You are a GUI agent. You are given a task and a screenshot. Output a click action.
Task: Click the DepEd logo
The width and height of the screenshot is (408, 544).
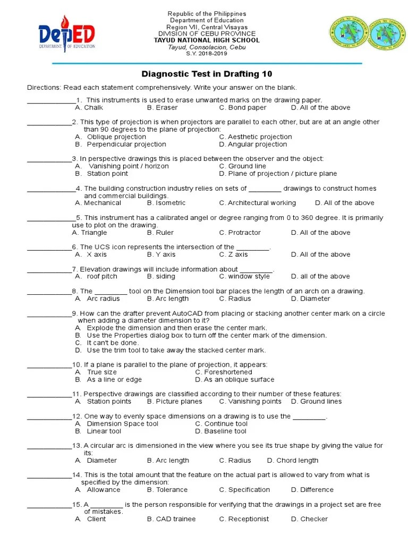(x=66, y=35)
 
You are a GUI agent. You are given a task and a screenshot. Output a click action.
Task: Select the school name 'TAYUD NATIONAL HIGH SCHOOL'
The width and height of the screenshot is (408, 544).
(x=207, y=40)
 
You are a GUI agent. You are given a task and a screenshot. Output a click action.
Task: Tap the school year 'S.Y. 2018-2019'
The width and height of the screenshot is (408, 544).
(x=207, y=54)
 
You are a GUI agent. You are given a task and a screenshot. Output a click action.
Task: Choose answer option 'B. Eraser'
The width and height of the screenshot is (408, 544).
(x=162, y=107)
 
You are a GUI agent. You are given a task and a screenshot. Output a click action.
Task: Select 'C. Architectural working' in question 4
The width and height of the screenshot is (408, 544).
(x=258, y=203)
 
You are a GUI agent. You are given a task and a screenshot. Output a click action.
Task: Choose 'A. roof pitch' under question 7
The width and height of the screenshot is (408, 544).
(x=96, y=276)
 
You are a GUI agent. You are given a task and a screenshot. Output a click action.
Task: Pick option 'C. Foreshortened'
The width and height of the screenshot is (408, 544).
(x=224, y=372)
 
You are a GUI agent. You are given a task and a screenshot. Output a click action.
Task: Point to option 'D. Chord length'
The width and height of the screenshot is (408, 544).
(x=293, y=461)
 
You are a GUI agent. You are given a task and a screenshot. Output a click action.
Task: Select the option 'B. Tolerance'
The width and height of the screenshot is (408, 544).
(x=167, y=490)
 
